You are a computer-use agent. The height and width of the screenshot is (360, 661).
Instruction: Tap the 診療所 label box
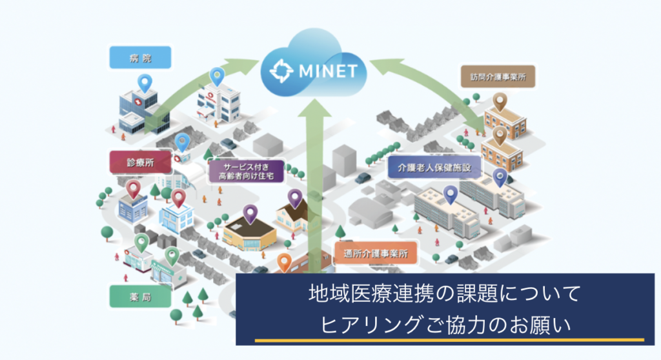point(140,163)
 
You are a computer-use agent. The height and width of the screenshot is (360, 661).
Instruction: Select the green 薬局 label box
point(140,297)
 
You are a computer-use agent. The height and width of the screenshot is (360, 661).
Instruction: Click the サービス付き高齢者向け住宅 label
point(245,169)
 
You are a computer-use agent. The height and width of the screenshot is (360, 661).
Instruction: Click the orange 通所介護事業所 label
point(376,254)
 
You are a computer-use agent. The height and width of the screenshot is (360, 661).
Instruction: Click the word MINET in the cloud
point(327,70)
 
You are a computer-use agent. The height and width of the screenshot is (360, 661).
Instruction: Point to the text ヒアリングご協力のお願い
point(445,325)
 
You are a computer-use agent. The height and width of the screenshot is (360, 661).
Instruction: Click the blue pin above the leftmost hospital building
point(145,82)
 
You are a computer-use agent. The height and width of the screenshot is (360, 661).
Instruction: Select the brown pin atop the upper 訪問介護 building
point(500,101)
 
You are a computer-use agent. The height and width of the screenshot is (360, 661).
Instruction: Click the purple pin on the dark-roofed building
point(250,212)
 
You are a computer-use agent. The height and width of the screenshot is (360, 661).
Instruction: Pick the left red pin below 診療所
point(133,188)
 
